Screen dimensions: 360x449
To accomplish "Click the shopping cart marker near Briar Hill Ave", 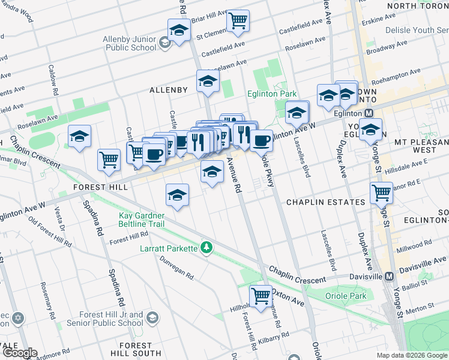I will point(238,20).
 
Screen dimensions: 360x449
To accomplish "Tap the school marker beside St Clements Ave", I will point(179,30).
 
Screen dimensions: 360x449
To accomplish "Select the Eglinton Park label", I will point(272,94).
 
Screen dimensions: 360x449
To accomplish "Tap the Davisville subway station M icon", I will point(389,277).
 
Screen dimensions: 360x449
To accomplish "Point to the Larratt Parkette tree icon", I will point(206,247).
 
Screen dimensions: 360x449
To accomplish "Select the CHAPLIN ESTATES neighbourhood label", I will point(325,202).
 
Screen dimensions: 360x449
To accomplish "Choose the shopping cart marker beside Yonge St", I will point(382,193).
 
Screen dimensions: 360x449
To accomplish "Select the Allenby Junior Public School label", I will point(129,43).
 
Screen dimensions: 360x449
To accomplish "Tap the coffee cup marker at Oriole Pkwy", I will point(261,141).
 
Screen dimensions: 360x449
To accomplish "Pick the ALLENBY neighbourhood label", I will point(169,90).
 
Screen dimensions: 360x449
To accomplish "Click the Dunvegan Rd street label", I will point(176,268).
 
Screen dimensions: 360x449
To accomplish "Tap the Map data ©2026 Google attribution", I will point(411,355).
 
